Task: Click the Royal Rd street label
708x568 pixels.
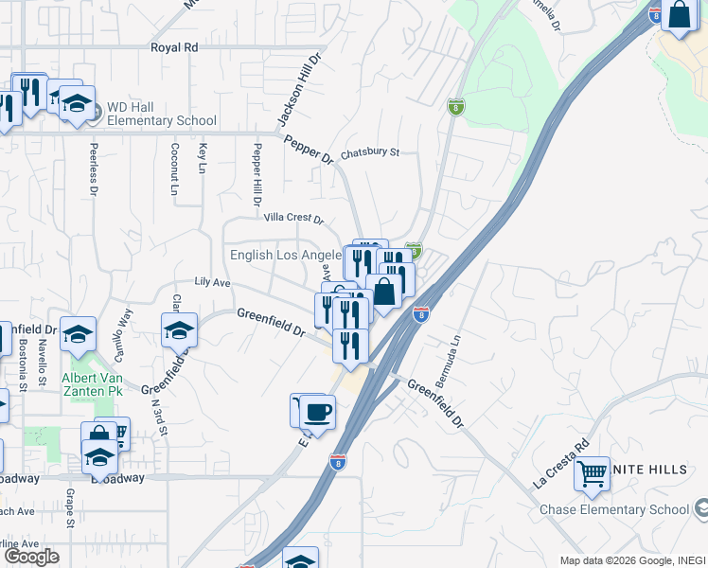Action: click(x=174, y=46)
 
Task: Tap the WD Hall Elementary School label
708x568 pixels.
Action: click(x=161, y=114)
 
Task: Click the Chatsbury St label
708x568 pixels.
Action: click(x=371, y=151)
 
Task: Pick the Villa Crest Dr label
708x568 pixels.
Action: click(x=293, y=218)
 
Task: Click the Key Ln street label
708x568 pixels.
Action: click(x=202, y=158)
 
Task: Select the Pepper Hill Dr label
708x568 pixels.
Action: click(x=256, y=175)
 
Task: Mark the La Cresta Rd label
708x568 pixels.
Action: click(x=561, y=462)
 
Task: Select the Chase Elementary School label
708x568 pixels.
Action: click(x=614, y=509)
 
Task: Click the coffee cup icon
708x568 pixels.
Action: click(x=316, y=412)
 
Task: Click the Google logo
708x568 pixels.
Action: click(x=31, y=557)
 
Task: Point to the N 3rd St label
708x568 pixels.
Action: click(x=159, y=416)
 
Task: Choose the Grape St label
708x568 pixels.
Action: click(x=69, y=498)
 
